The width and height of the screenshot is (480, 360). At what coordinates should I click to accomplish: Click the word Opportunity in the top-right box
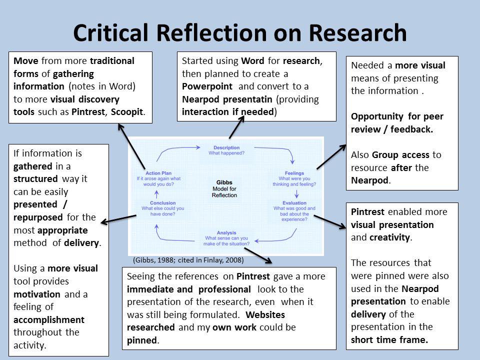click(376, 116)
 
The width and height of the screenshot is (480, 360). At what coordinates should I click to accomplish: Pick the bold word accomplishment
click(49, 319)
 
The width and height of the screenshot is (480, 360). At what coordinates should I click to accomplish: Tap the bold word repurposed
click(38, 217)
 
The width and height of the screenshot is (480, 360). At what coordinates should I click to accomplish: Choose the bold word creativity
click(390, 237)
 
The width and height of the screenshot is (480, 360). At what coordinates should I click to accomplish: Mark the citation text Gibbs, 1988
click(156, 260)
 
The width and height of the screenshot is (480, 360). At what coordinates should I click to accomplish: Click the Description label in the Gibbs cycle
click(226, 147)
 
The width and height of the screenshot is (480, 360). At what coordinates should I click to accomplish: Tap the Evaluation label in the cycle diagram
click(294, 203)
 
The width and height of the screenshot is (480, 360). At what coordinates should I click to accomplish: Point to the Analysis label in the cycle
click(226, 233)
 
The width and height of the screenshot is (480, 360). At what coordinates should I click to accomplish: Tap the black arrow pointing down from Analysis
click(258, 255)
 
